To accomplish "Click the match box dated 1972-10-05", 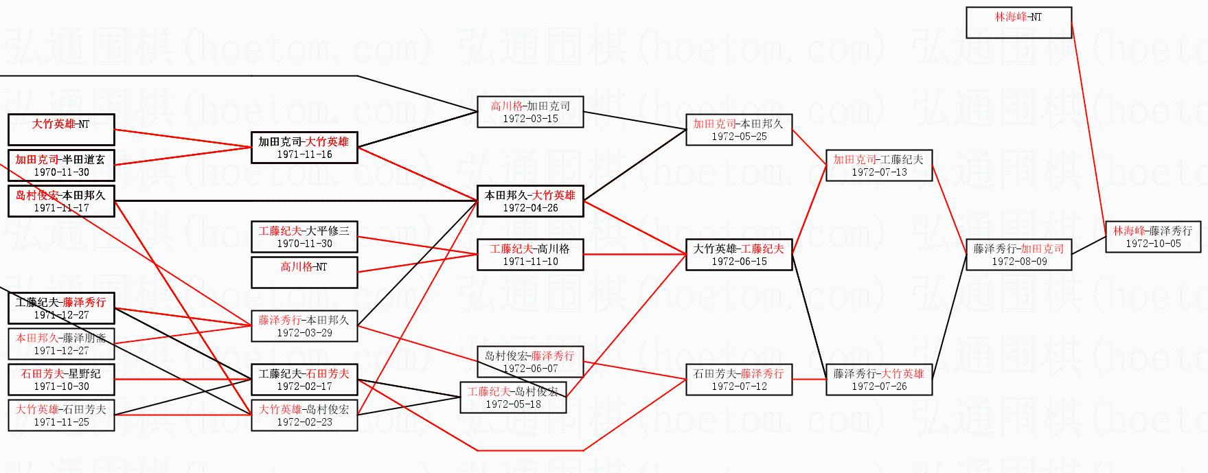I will (x=1152, y=237).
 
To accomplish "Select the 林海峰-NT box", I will (x=1018, y=23).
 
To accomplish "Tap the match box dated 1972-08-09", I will (x=1018, y=255).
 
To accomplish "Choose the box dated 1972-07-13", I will (x=878, y=165).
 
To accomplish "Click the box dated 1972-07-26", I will (x=878, y=380).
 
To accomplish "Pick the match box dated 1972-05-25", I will (x=739, y=130).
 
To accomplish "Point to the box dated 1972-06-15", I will (x=739, y=255).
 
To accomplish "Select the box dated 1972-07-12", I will (x=739, y=380).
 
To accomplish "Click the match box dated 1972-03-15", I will (x=530, y=112).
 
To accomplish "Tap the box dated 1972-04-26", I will (x=530, y=201).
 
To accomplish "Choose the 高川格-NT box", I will (x=304, y=273).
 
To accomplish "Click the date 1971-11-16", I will (x=304, y=154).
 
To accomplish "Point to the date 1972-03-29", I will (x=304, y=333).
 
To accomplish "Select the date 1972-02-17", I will (x=304, y=387).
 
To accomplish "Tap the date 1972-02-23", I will (x=304, y=422).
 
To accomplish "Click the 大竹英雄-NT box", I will (x=61, y=130).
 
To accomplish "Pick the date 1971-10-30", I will (x=61, y=387).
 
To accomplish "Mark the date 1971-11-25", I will (x=61, y=422).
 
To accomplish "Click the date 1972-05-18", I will (x=513, y=404).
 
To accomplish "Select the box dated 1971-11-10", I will (x=530, y=255).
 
